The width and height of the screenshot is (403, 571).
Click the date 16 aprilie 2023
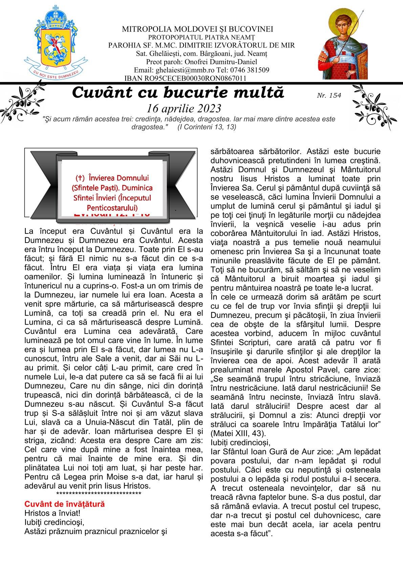(x=184, y=108)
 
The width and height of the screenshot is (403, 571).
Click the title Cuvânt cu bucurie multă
(x=178, y=93)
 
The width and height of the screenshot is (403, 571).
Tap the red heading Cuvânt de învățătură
(x=64, y=504)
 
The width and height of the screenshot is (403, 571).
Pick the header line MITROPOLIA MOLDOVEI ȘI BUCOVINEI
(x=197, y=30)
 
